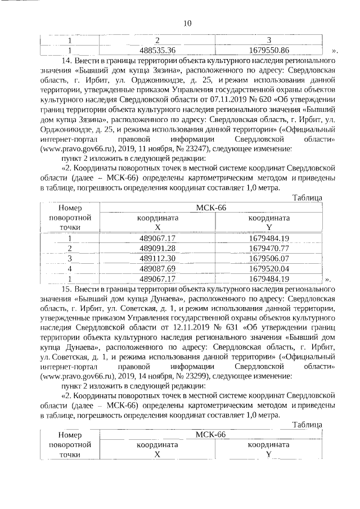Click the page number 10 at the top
187,23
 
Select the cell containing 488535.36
157,49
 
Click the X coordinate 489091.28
157,248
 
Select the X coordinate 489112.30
157,258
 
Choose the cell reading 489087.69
157,268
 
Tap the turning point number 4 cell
70,268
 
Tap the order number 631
238,330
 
